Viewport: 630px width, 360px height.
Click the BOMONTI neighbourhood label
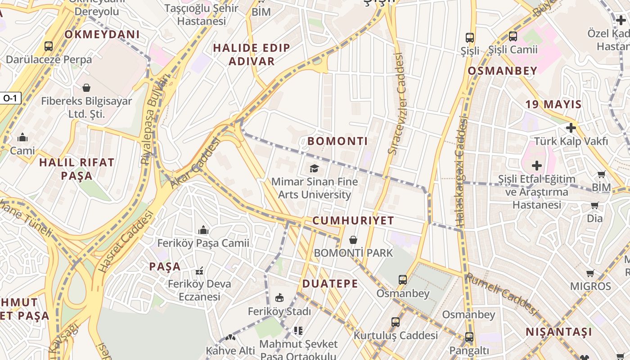337,141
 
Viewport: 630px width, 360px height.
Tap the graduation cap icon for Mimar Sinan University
314,169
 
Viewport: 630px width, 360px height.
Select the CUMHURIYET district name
353,220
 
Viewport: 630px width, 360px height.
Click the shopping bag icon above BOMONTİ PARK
353,239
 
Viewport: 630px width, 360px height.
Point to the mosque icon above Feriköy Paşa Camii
203,230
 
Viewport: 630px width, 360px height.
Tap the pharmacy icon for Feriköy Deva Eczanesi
199,271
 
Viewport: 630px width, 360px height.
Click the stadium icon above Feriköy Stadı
279,298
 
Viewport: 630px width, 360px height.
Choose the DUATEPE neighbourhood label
330,283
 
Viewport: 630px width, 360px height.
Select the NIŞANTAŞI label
559,332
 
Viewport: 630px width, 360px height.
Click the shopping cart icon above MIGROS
590,273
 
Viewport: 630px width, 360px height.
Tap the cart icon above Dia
594,206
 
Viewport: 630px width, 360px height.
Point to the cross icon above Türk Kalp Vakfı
571,128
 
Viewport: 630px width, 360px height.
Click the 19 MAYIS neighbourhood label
553,104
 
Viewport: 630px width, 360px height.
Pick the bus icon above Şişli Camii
513,36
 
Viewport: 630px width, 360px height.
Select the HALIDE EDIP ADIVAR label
252,54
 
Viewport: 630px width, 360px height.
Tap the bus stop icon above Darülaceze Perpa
49,46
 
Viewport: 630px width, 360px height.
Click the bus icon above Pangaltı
469,337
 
